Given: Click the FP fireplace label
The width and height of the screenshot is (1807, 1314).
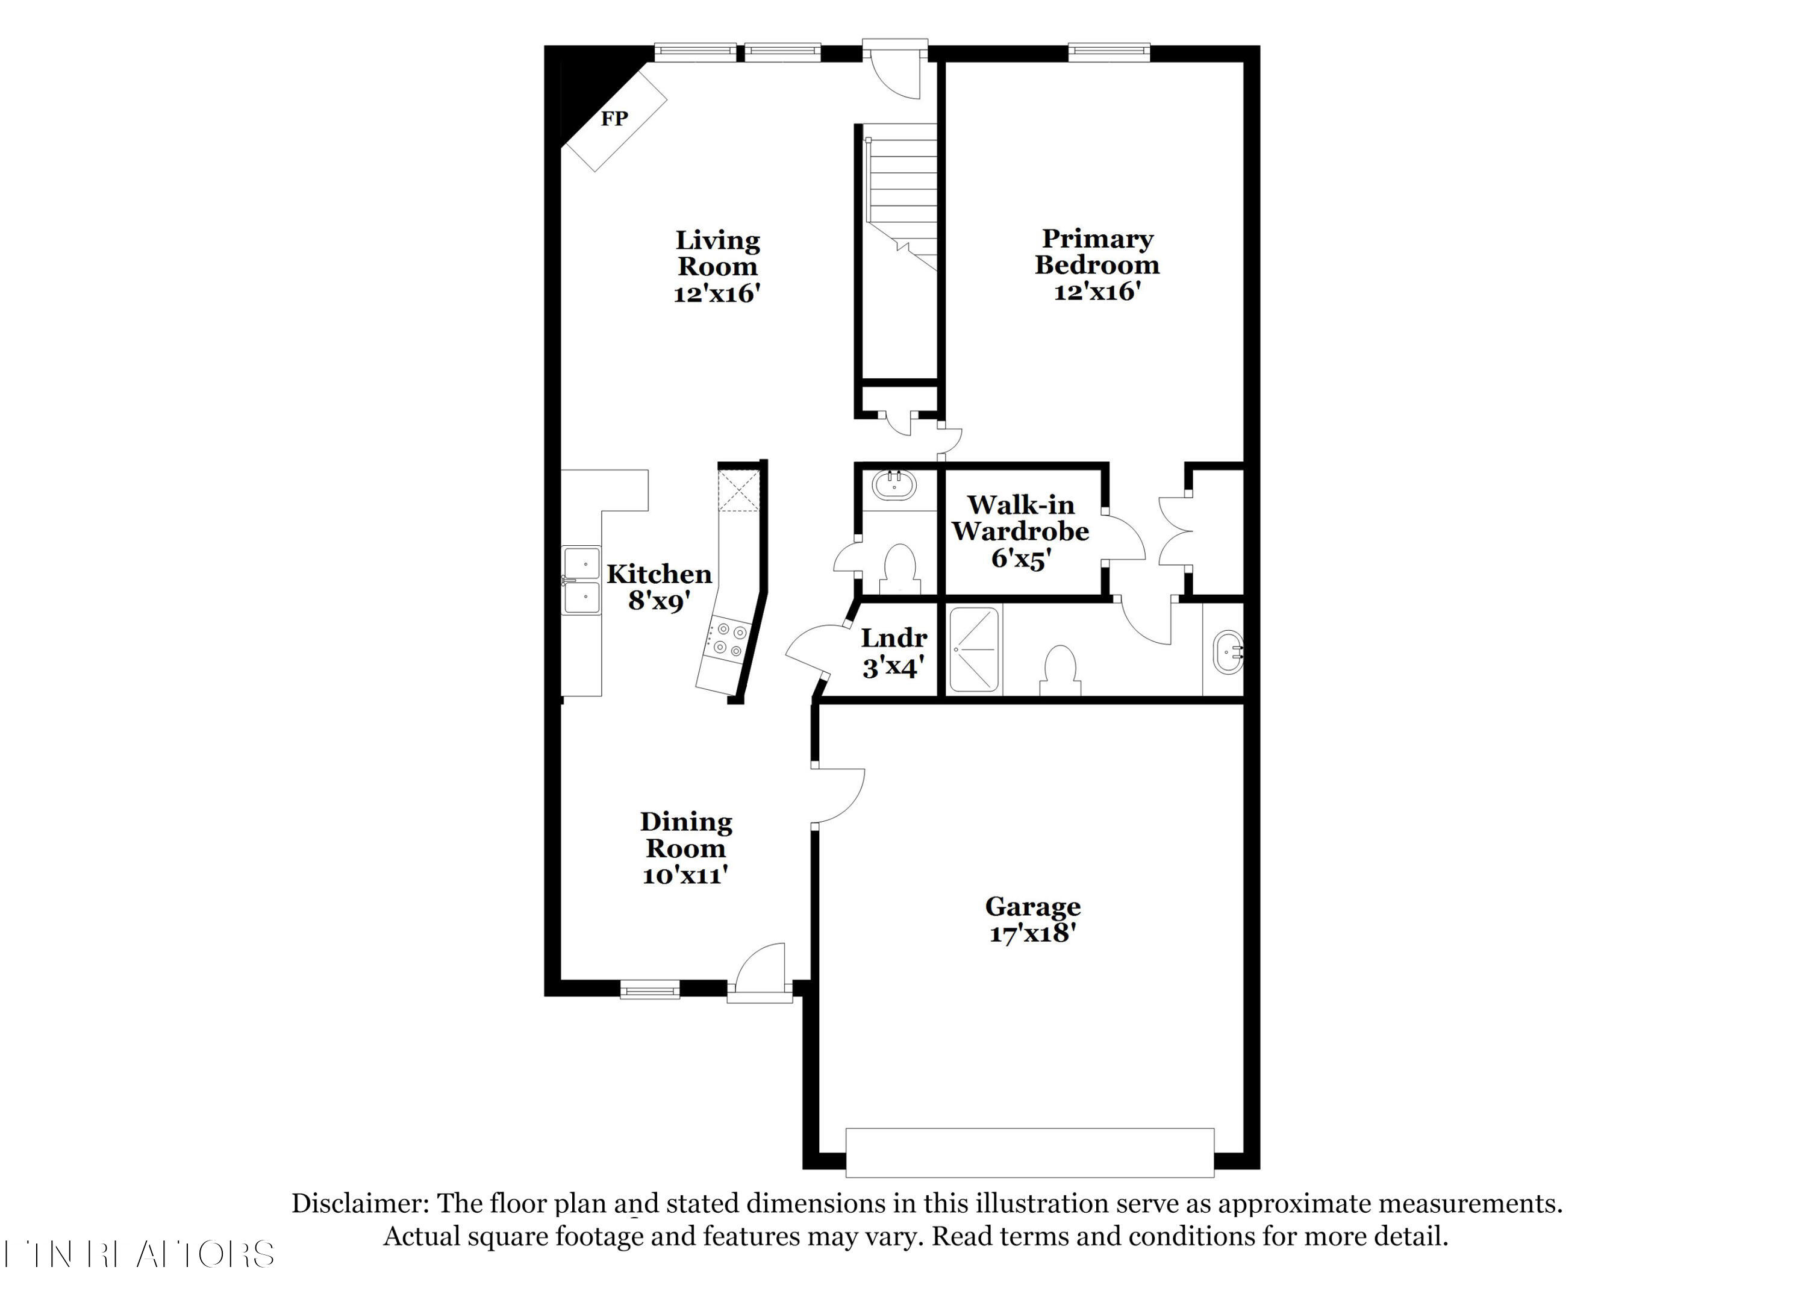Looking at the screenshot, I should [x=614, y=119].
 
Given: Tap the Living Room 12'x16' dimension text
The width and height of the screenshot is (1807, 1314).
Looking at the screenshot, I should [x=716, y=293].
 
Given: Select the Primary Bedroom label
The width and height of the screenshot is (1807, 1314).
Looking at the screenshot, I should [x=1097, y=252].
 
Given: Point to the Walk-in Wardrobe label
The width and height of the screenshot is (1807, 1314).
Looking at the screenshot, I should [x=1020, y=518].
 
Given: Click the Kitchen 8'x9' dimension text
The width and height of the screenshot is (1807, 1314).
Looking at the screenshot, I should [x=658, y=601].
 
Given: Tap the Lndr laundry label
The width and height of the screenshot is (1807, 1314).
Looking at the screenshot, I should [x=894, y=638].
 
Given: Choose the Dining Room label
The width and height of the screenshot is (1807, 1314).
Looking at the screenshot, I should [x=686, y=834].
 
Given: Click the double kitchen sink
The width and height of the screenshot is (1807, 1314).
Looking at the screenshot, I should [x=581, y=580].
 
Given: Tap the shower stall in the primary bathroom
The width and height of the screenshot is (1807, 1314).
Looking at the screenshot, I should [x=973, y=650].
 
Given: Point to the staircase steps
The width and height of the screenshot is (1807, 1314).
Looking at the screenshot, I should [x=902, y=183].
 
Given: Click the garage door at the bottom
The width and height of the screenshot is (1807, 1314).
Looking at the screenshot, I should [x=1029, y=1153].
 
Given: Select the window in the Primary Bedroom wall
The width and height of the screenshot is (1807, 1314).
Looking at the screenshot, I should [x=1108, y=52].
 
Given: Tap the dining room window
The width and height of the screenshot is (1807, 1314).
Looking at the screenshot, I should [x=649, y=990].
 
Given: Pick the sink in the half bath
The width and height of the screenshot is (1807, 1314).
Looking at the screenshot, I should [x=894, y=484].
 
